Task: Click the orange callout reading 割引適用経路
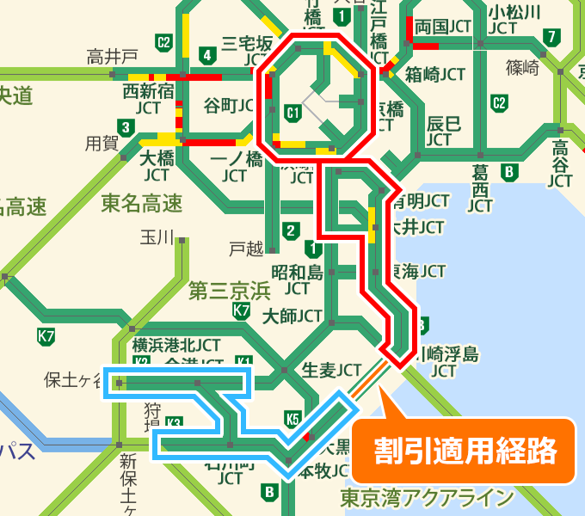[464, 450]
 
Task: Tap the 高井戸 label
[112, 58]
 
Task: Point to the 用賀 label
[101, 143]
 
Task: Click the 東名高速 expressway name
[142, 204]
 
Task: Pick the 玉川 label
[157, 236]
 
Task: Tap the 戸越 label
[246, 249]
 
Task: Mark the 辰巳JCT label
[444, 131]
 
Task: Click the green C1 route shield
[292, 112]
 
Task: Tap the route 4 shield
[206, 56]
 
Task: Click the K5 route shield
[292, 419]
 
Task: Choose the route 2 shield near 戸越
[291, 230]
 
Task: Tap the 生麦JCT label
[332, 370]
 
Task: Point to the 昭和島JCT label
[297, 279]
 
